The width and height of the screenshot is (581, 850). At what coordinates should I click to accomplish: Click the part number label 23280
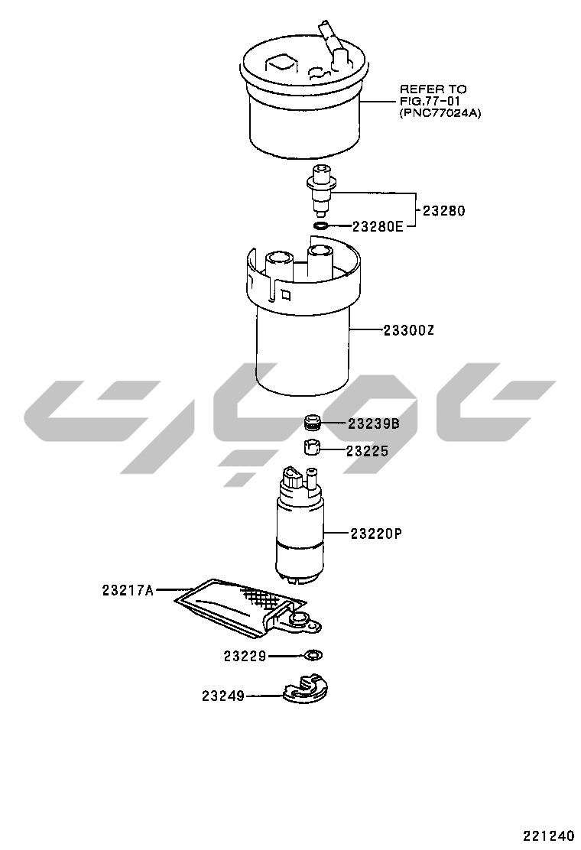[x=443, y=210]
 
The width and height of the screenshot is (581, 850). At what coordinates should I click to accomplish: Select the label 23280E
[x=378, y=226]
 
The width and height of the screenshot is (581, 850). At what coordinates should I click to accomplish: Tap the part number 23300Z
[x=409, y=329]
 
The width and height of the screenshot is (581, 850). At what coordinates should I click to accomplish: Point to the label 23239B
[x=373, y=423]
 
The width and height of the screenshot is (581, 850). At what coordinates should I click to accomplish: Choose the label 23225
[x=367, y=450]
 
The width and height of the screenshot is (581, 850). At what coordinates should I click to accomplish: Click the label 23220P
[x=376, y=534]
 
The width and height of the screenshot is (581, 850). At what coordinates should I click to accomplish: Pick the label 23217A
[x=128, y=590]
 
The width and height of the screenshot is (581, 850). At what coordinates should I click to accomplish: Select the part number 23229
[x=245, y=656]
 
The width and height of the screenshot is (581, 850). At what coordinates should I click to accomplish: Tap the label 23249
[x=222, y=696]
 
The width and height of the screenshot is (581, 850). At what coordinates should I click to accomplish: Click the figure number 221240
[x=548, y=835]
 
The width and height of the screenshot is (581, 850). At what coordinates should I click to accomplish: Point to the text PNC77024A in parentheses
[x=440, y=113]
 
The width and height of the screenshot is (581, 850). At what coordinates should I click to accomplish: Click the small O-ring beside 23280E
[x=320, y=225]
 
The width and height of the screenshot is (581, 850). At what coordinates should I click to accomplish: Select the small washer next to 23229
[x=313, y=656]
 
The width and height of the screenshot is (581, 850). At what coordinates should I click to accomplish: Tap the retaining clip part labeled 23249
[x=307, y=689]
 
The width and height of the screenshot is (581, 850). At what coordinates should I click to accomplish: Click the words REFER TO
[x=433, y=89]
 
